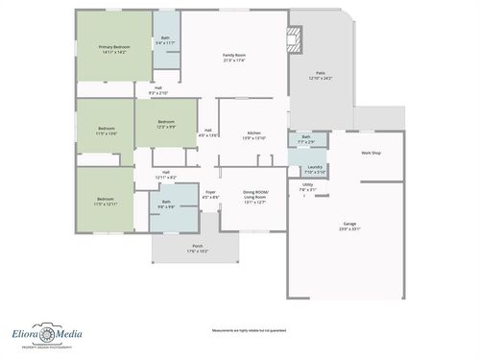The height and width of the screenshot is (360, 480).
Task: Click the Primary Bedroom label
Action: (x=113, y=48)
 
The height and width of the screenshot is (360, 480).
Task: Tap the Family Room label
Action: (x=234, y=59)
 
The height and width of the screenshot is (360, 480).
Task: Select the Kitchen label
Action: (x=254, y=134)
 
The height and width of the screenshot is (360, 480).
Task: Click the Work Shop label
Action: (x=372, y=154)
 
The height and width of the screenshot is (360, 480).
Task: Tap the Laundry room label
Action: (x=315, y=169)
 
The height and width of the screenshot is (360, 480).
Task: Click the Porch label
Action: (x=197, y=249)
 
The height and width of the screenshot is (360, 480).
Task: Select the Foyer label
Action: (x=210, y=195)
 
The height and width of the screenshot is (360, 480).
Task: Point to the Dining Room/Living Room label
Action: (x=255, y=197)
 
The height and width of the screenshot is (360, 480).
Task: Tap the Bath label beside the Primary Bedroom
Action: (x=165, y=40)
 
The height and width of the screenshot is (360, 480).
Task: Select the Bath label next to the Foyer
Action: (x=166, y=204)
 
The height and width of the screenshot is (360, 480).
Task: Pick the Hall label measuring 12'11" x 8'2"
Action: (x=166, y=174)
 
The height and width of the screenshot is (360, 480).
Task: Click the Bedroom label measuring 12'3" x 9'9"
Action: (x=166, y=124)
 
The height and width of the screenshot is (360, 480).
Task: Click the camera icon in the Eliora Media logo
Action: (x=42, y=335)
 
